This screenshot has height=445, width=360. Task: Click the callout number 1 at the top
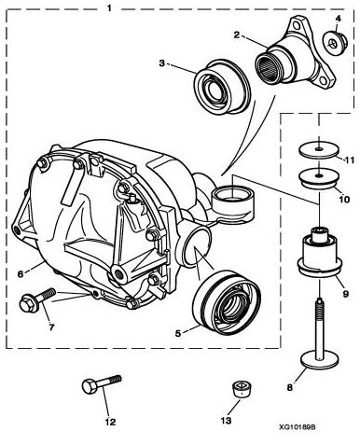click(109, 7)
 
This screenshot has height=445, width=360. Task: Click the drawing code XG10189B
click(298, 427)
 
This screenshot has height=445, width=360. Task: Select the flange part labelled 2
click(296, 55)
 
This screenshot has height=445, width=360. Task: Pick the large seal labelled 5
click(227, 302)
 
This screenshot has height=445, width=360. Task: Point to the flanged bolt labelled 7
click(36, 299)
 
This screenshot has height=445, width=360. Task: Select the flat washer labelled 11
click(319, 151)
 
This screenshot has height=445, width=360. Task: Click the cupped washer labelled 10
click(318, 178)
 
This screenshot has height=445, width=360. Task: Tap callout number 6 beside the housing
click(21, 273)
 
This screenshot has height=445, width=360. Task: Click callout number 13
click(226, 421)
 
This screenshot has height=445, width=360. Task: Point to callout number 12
click(110, 422)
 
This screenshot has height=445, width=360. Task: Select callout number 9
click(346, 293)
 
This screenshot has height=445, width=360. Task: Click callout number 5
click(178, 333)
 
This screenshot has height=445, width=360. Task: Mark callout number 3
click(161, 63)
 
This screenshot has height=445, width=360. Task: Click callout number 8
click(289, 387)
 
